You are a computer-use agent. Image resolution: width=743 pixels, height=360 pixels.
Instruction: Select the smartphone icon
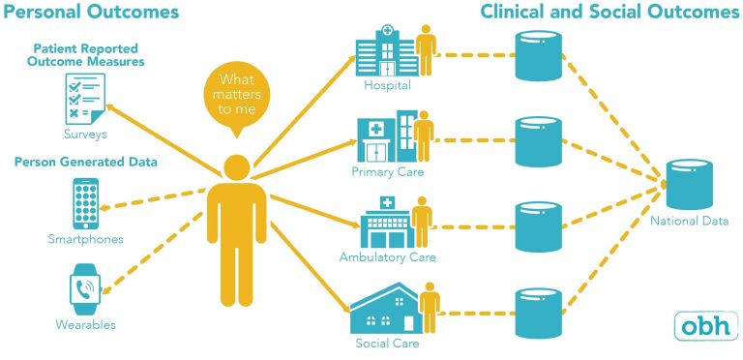click(x=85, y=202)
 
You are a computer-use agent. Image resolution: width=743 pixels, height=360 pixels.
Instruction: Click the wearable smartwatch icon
click(x=84, y=289)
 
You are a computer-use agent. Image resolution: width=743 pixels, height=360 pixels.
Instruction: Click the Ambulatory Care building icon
click(x=384, y=224)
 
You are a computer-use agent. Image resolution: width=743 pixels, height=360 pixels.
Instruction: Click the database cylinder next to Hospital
click(x=539, y=56)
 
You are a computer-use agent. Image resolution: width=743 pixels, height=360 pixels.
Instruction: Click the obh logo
click(x=704, y=326)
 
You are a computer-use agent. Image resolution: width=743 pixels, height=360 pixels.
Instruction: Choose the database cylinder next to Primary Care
click(x=539, y=140)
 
